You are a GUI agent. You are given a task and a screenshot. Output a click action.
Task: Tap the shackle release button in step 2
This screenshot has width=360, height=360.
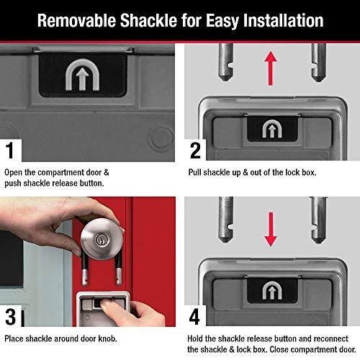coord(271,130)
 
